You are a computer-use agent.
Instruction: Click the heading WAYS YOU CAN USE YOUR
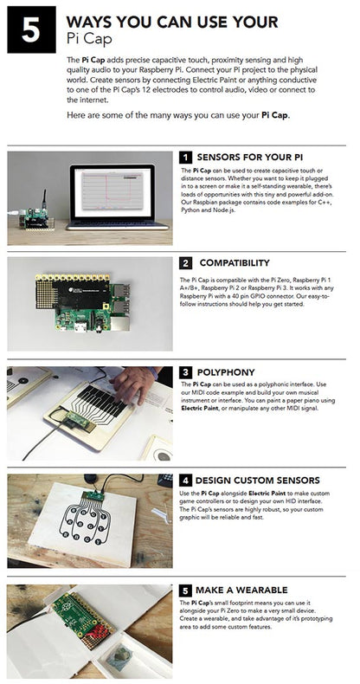tap(172, 21)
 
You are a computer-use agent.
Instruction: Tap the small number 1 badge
tap(186, 158)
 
